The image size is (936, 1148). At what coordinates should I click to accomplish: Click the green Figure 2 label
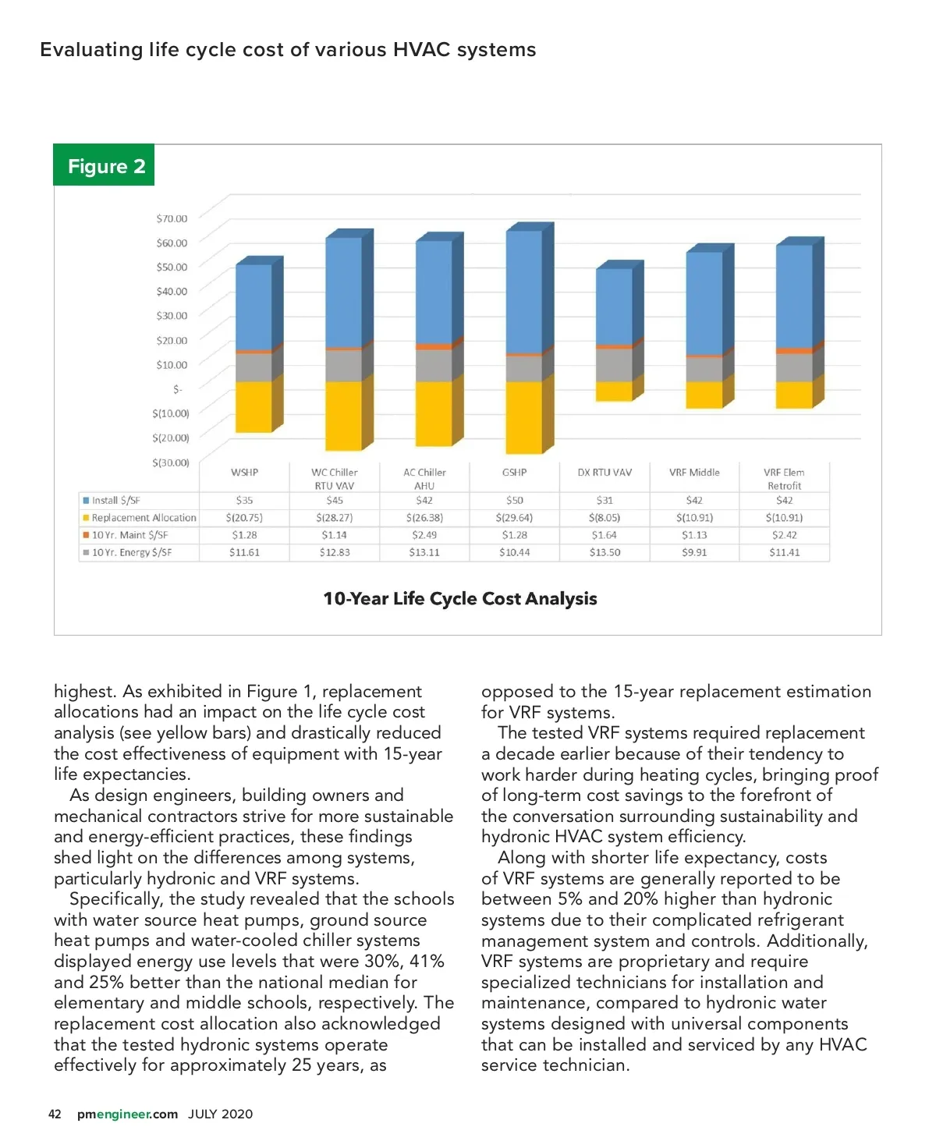point(104,165)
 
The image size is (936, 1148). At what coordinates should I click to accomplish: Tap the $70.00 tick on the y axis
point(172,218)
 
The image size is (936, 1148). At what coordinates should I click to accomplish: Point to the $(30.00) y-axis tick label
point(170,462)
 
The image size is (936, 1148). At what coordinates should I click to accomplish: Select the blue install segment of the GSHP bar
point(524,292)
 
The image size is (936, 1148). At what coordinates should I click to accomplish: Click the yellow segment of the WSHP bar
point(253,406)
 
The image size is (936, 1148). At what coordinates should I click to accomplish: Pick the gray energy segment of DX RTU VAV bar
point(614,365)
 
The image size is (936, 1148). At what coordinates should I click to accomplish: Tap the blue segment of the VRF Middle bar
point(704,304)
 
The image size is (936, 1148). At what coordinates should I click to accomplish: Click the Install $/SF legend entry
point(115,501)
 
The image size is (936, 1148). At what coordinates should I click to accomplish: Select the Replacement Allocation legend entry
point(144,518)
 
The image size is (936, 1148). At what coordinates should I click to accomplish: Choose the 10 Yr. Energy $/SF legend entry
point(131,552)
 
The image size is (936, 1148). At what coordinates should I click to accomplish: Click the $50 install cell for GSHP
point(514,501)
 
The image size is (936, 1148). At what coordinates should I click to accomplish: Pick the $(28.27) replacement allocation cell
point(335,518)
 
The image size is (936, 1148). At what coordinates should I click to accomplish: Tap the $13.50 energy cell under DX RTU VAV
point(604,552)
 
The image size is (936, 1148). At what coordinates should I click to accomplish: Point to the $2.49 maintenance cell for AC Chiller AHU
point(424,535)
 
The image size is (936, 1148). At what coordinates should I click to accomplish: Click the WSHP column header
point(244,473)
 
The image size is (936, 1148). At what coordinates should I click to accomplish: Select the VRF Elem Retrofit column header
point(784,479)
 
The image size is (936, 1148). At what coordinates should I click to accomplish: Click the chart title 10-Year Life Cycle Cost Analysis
point(460,599)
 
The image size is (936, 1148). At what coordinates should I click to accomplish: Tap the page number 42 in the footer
point(55,1114)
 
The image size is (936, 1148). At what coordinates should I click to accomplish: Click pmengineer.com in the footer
point(127,1114)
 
